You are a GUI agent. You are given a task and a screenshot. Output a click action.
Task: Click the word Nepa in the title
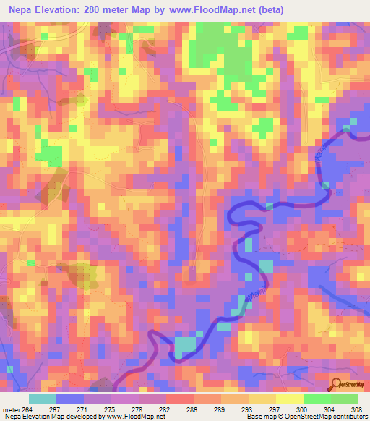pyautogui.click(x=22, y=10)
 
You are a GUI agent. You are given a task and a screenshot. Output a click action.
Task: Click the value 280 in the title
pyautogui.click(x=100, y=10)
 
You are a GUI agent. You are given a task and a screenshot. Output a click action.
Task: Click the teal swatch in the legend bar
pyautogui.click(x=43, y=399)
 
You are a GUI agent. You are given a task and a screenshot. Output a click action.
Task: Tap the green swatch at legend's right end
pyautogui.click(x=345, y=399)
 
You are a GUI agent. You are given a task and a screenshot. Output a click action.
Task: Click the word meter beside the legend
pyautogui.click(x=11, y=409)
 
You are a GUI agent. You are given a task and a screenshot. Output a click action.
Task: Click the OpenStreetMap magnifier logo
pyautogui.click(x=337, y=385)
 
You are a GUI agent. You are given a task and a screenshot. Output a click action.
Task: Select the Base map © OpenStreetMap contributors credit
pyautogui.click(x=306, y=417)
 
